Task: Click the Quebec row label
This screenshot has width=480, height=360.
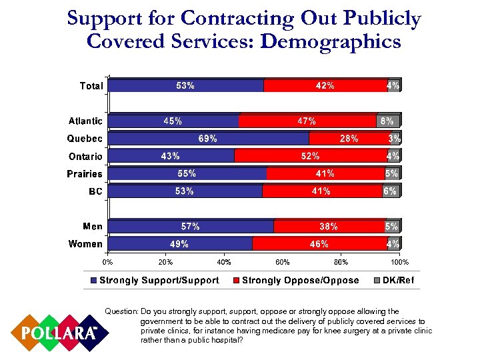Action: coord(85,139)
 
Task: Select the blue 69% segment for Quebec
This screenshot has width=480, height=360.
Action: coord(208,139)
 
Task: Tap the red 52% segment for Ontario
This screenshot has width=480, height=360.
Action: coord(311,156)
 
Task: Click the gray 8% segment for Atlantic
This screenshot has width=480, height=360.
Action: coord(387,121)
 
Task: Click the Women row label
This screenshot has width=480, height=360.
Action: coord(85,244)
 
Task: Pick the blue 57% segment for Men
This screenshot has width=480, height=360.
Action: coord(191,227)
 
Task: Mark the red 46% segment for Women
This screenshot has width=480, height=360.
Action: coord(319,244)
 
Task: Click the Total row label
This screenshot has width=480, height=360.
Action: coord(91,86)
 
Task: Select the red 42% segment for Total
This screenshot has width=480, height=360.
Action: coord(325,85)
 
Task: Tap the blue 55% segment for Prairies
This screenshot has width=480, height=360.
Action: coord(187,174)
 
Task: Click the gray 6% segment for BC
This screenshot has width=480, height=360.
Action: coord(391,191)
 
